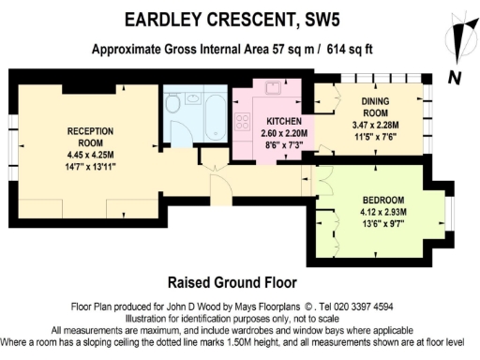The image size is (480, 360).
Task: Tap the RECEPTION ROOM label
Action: [90, 137]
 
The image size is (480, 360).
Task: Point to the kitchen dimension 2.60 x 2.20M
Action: [283, 135]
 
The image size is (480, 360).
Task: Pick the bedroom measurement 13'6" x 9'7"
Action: [384, 226]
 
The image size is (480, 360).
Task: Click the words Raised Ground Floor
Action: [232, 281]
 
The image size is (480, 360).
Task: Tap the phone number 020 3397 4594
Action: [369, 307]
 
